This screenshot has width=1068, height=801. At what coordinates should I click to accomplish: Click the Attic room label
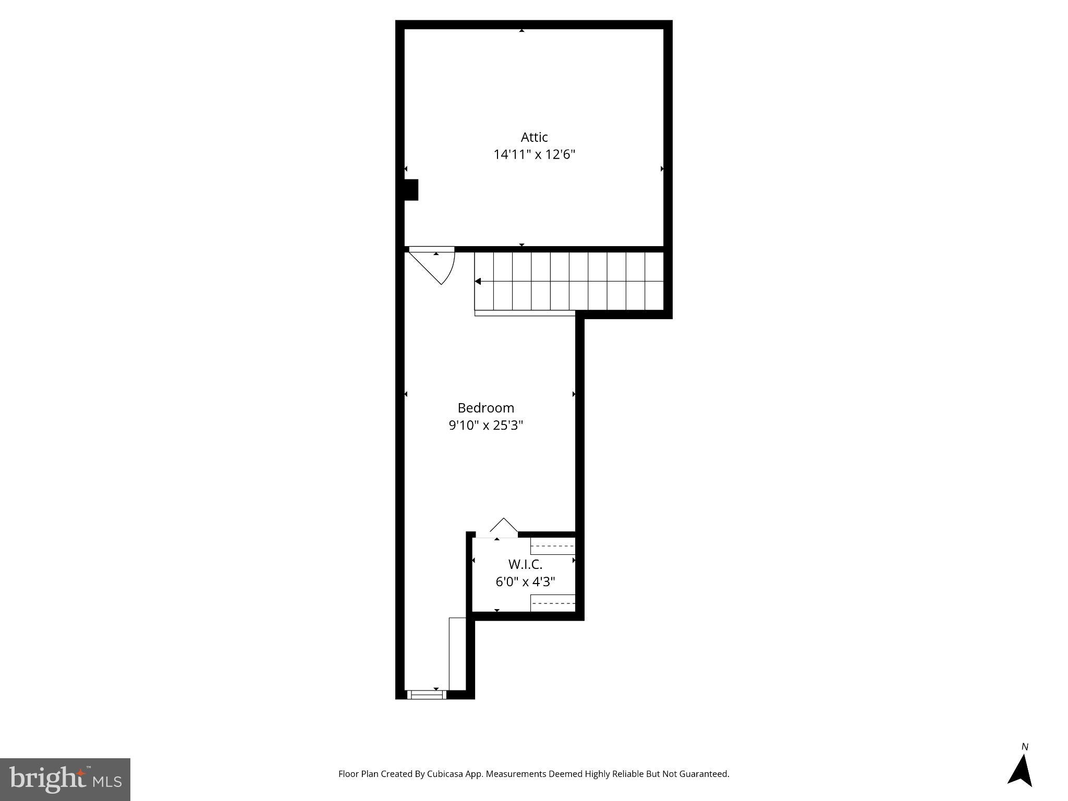tap(534, 137)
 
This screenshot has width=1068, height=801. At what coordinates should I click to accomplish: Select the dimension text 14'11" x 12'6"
tap(534, 155)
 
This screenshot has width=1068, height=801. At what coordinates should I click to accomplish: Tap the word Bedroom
tap(486, 408)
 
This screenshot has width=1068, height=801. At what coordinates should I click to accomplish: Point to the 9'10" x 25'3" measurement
tap(486, 426)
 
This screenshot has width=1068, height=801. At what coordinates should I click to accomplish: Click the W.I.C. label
tap(525, 564)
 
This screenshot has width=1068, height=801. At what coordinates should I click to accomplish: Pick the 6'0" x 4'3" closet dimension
tap(525, 582)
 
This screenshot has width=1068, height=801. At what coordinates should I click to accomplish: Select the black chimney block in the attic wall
tap(411, 190)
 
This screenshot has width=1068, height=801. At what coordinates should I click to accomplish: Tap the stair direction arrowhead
tap(478, 282)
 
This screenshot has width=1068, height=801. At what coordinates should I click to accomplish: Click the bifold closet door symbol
tap(504, 527)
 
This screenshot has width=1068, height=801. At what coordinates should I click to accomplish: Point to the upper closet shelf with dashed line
tap(553, 546)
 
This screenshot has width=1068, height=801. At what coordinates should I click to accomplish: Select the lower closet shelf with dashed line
tap(553, 603)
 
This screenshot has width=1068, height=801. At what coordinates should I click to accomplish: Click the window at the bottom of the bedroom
tap(427, 695)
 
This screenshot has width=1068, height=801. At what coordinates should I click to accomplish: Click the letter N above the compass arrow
tap(1025, 747)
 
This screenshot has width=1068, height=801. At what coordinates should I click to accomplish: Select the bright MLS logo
tap(65, 779)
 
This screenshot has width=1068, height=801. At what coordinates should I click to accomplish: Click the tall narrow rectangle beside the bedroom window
tap(457, 654)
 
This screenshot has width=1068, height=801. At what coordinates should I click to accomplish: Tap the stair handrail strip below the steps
tap(525, 313)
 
